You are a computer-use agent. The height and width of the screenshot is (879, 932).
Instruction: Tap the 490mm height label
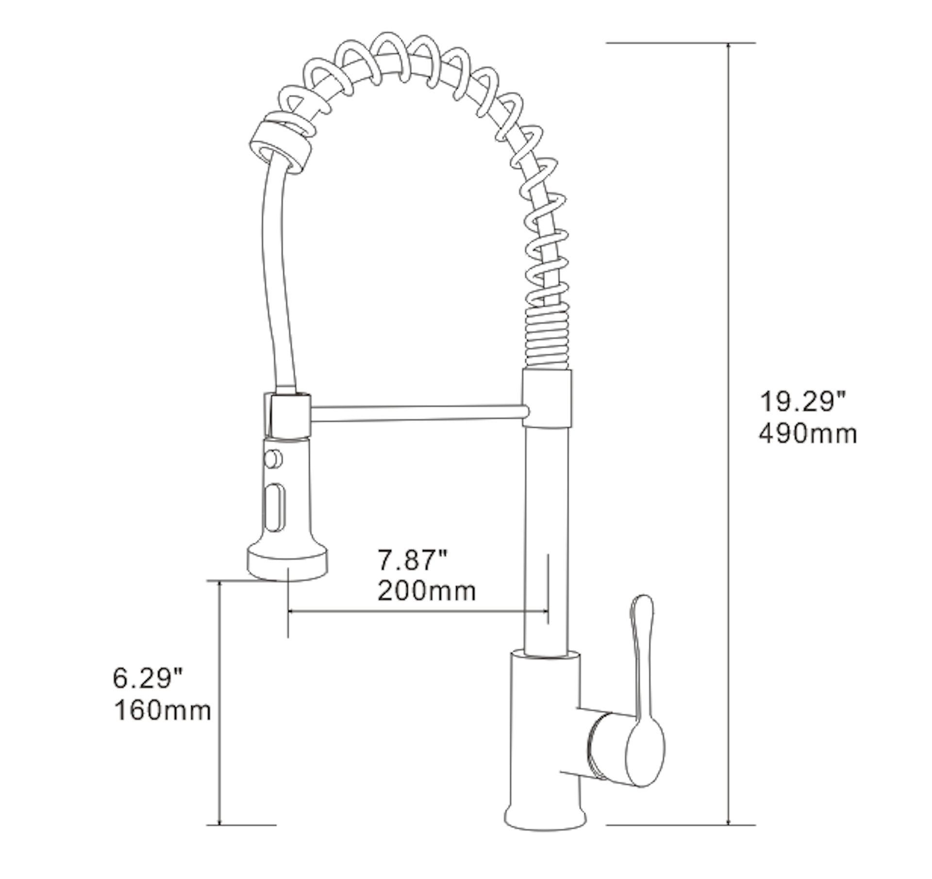click(x=808, y=433)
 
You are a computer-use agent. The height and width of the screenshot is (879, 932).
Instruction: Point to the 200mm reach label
click(x=427, y=591)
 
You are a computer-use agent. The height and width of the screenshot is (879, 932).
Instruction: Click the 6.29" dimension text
click(x=148, y=678)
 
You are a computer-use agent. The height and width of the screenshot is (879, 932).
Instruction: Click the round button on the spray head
click(x=273, y=459)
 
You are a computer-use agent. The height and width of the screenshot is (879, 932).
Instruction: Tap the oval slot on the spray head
click(x=275, y=508)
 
